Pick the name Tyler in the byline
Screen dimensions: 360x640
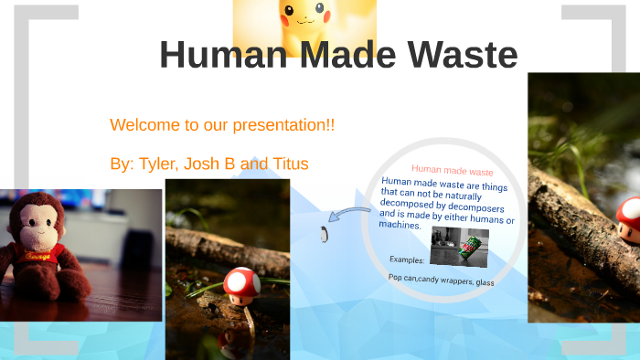156,164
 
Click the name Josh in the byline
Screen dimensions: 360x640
201,164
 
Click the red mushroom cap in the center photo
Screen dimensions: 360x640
241,281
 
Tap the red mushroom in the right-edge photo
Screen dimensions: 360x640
629,213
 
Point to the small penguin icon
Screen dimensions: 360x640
324,235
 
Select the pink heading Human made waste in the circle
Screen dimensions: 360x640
452,171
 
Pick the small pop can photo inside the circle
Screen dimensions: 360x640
459,246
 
